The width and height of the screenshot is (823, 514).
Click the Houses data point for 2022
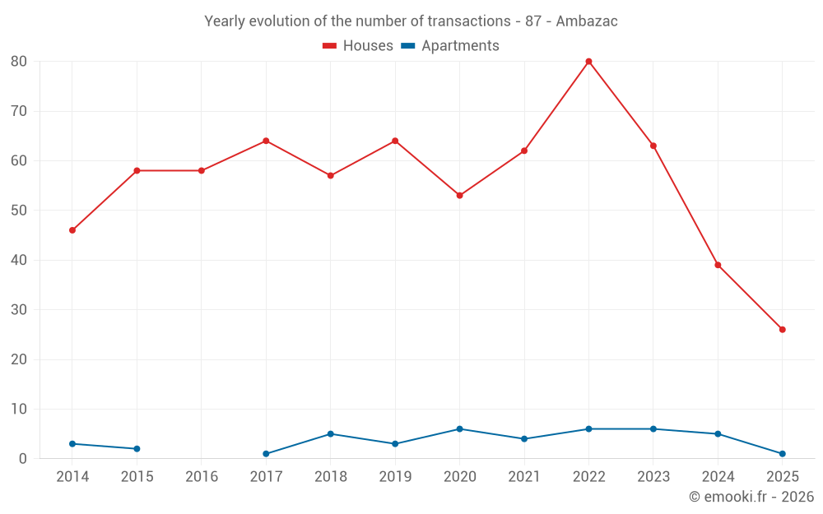click(x=588, y=62)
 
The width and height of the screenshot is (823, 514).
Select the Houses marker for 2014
click(x=72, y=230)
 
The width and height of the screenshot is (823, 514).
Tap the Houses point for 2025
click(x=782, y=330)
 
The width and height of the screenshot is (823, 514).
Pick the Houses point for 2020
click(x=459, y=196)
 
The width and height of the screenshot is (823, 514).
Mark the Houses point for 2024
click(x=718, y=265)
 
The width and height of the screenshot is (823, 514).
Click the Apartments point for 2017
click(x=266, y=454)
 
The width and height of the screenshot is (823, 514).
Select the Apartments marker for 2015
click(x=137, y=449)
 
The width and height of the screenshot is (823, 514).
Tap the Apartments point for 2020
click(x=459, y=429)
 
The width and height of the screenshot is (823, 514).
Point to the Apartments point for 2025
click(x=782, y=454)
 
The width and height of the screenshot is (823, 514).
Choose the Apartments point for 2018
click(x=330, y=434)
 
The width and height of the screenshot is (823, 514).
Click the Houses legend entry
click(x=358, y=46)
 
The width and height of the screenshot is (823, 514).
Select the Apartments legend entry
click(x=450, y=46)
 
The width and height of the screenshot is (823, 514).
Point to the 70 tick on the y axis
click(x=19, y=111)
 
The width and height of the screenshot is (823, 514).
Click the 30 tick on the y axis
click(x=19, y=310)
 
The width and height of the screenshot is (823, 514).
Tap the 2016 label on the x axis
click(x=202, y=477)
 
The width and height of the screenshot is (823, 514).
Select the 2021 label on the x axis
click(x=524, y=477)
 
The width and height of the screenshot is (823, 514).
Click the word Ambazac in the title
click(x=587, y=21)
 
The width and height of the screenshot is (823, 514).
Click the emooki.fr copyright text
click(x=751, y=497)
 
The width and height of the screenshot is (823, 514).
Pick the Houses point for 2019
click(x=395, y=141)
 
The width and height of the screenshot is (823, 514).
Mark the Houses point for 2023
click(x=653, y=146)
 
